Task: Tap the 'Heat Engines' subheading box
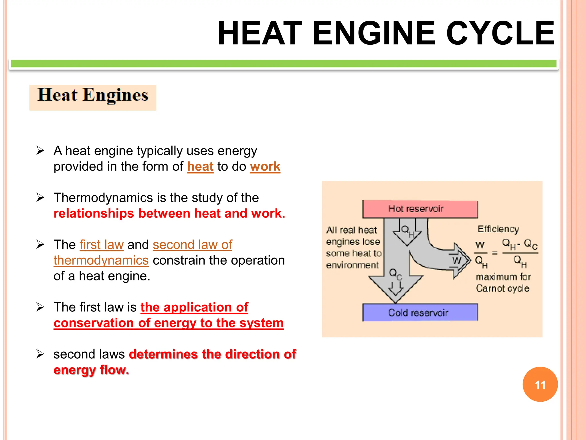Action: click(x=93, y=97)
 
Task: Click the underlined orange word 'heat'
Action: click(x=200, y=167)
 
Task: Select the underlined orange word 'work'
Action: click(x=265, y=167)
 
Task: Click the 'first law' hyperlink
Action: click(x=102, y=245)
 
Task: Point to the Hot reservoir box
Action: click(x=420, y=209)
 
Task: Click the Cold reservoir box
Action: click(x=420, y=313)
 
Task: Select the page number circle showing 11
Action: click(x=540, y=384)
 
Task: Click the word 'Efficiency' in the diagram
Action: click(x=498, y=229)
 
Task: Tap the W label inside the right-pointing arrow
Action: click(x=456, y=261)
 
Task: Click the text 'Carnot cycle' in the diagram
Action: click(x=502, y=288)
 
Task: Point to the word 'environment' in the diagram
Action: click(x=353, y=265)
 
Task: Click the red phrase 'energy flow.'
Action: click(x=91, y=370)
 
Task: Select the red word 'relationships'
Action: click(x=94, y=214)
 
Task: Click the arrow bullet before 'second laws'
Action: click(x=40, y=354)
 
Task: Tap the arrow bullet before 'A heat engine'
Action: click(x=40, y=151)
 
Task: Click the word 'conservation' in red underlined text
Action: click(x=94, y=323)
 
